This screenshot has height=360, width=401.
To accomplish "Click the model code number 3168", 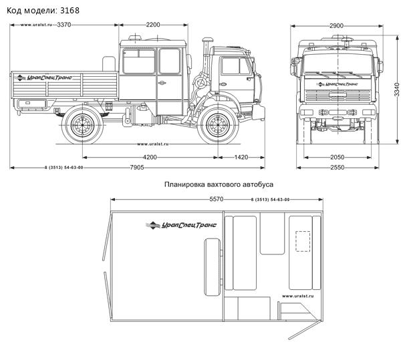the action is [70, 11].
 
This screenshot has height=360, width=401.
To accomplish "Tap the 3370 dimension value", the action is [64, 25].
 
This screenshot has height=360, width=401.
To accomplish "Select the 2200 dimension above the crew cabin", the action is [153, 25].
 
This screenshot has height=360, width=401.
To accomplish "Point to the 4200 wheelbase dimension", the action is [150, 157].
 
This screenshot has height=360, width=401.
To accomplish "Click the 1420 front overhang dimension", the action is [241, 157].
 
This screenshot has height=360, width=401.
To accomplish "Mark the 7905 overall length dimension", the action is [137, 168].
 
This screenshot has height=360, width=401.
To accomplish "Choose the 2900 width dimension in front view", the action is [336, 26].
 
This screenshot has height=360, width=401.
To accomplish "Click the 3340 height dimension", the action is [396, 89].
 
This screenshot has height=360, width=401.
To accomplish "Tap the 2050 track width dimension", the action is [337, 157].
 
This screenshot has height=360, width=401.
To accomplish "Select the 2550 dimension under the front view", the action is [337, 168].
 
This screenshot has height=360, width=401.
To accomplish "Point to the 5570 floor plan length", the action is [217, 199].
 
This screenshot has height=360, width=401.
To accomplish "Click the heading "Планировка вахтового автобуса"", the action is [219, 184].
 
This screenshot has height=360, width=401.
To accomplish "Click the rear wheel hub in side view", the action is [82, 126].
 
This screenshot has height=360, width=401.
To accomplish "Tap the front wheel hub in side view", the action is [218, 126].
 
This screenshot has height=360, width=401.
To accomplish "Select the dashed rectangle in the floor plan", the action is [303, 241].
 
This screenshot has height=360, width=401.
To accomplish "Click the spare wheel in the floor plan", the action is [213, 266].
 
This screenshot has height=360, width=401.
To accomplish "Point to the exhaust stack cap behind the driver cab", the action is [208, 40].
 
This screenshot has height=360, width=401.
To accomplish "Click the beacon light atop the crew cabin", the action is [135, 38].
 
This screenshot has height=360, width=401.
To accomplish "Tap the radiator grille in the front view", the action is [338, 95].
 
